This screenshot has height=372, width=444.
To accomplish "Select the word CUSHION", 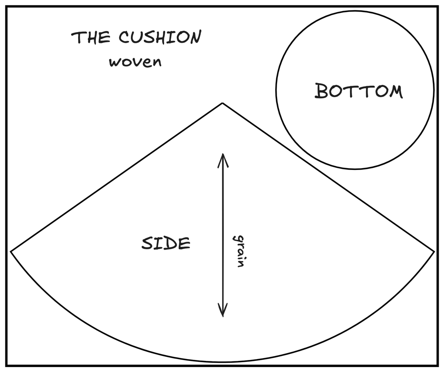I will click(160, 38).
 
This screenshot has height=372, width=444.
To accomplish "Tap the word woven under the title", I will click(135, 61).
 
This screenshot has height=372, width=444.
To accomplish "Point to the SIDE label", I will click(166, 243).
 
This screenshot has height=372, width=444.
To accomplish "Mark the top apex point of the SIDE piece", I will click(222, 103).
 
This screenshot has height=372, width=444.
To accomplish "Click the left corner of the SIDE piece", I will click(11, 251).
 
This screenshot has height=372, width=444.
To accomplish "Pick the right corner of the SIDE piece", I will click(434, 251).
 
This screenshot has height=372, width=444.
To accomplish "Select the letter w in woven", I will click(115, 62).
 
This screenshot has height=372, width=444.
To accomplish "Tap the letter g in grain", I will click(238, 238).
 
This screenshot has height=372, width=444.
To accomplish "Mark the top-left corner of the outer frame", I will click(6, 6).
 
